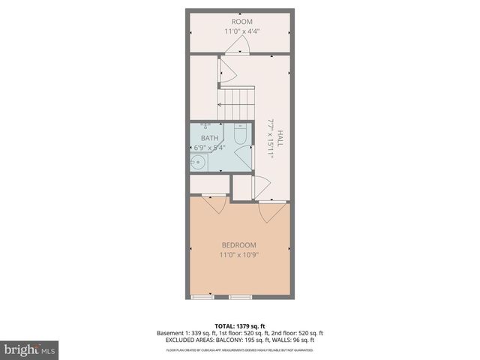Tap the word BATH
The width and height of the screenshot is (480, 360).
(210, 138)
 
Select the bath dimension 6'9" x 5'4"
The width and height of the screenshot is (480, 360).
(211, 148)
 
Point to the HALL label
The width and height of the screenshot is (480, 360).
(280, 139)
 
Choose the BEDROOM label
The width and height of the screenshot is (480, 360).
(238, 245)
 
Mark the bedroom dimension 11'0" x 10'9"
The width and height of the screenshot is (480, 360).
(238, 256)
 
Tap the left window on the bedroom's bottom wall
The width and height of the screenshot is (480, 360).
(203, 298)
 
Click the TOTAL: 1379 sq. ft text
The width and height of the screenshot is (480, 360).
(239, 325)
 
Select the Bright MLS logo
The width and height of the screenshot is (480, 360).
(30, 349)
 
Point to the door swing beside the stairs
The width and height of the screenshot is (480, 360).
(226, 71)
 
